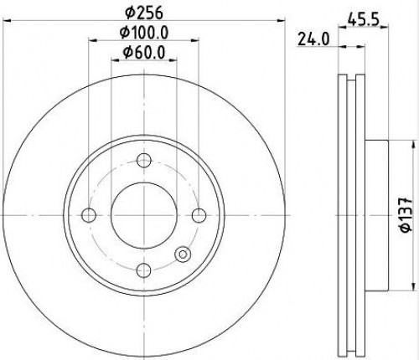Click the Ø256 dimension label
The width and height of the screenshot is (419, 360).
[143, 13]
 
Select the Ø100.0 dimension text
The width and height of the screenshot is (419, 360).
[144, 33]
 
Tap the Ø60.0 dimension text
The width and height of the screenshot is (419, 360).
[144, 52]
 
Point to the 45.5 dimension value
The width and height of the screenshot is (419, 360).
[363, 20]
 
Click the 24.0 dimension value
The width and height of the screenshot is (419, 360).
[313, 39]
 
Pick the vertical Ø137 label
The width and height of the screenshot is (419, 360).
[406, 215]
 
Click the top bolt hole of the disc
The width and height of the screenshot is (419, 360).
[144, 161]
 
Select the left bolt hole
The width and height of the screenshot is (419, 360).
[89, 215]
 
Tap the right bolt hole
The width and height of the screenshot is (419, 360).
[199, 215]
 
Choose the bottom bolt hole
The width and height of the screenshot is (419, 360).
[144, 270]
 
